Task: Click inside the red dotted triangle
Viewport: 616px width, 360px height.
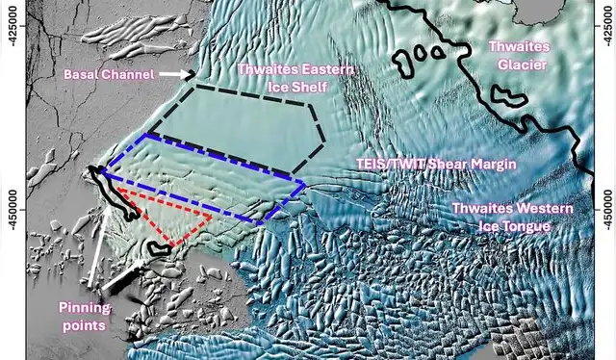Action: pyautogui.click(x=173, y=217)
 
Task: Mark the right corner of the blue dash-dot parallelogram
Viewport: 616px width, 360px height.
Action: pyautogui.click(x=305, y=183)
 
